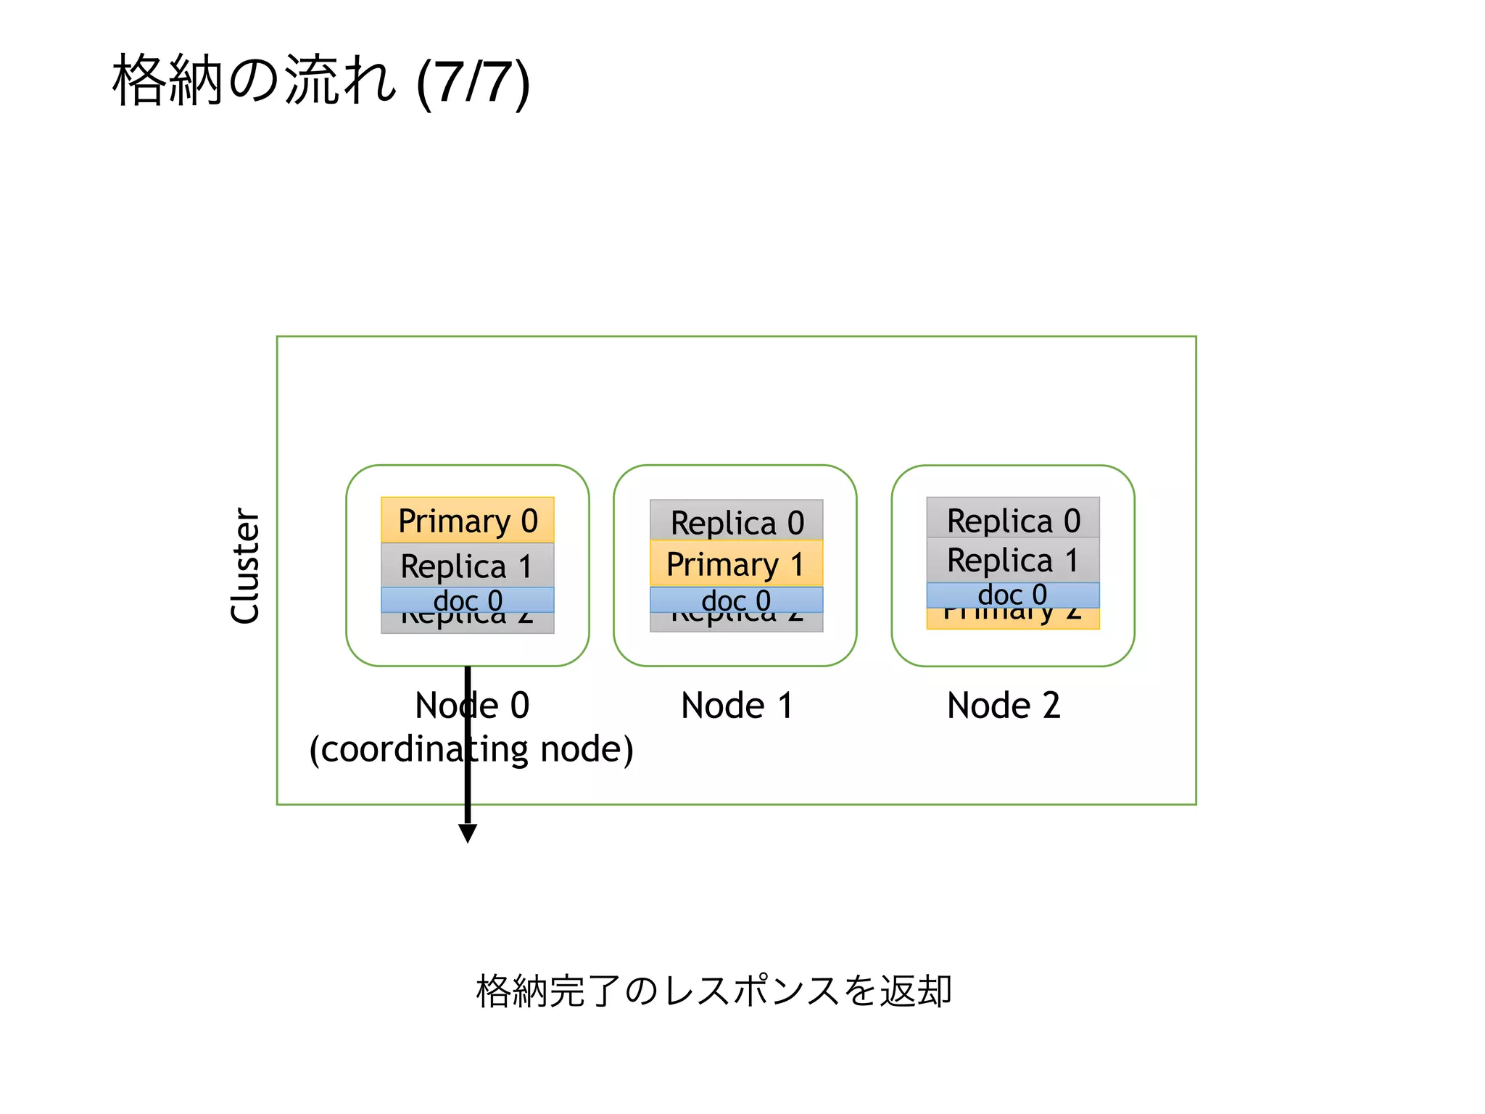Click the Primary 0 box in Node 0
[467, 520]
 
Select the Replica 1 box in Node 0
[467, 566]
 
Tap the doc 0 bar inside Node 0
[467, 600]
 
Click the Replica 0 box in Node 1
[736, 521]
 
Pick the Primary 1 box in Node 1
[736, 564]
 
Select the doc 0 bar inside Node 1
[736, 600]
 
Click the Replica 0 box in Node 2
[1013, 518]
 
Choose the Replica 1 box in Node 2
[1013, 560]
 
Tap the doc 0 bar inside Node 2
[1013, 595]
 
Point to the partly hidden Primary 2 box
[1013, 619]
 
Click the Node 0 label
[472, 705]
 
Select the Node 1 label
[737, 705]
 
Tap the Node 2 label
[1004, 705]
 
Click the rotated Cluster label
[245, 566]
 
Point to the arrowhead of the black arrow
[468, 833]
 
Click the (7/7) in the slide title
[473, 82]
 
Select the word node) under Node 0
[587, 749]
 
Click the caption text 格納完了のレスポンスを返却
[713, 991]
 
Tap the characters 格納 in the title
[167, 81]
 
